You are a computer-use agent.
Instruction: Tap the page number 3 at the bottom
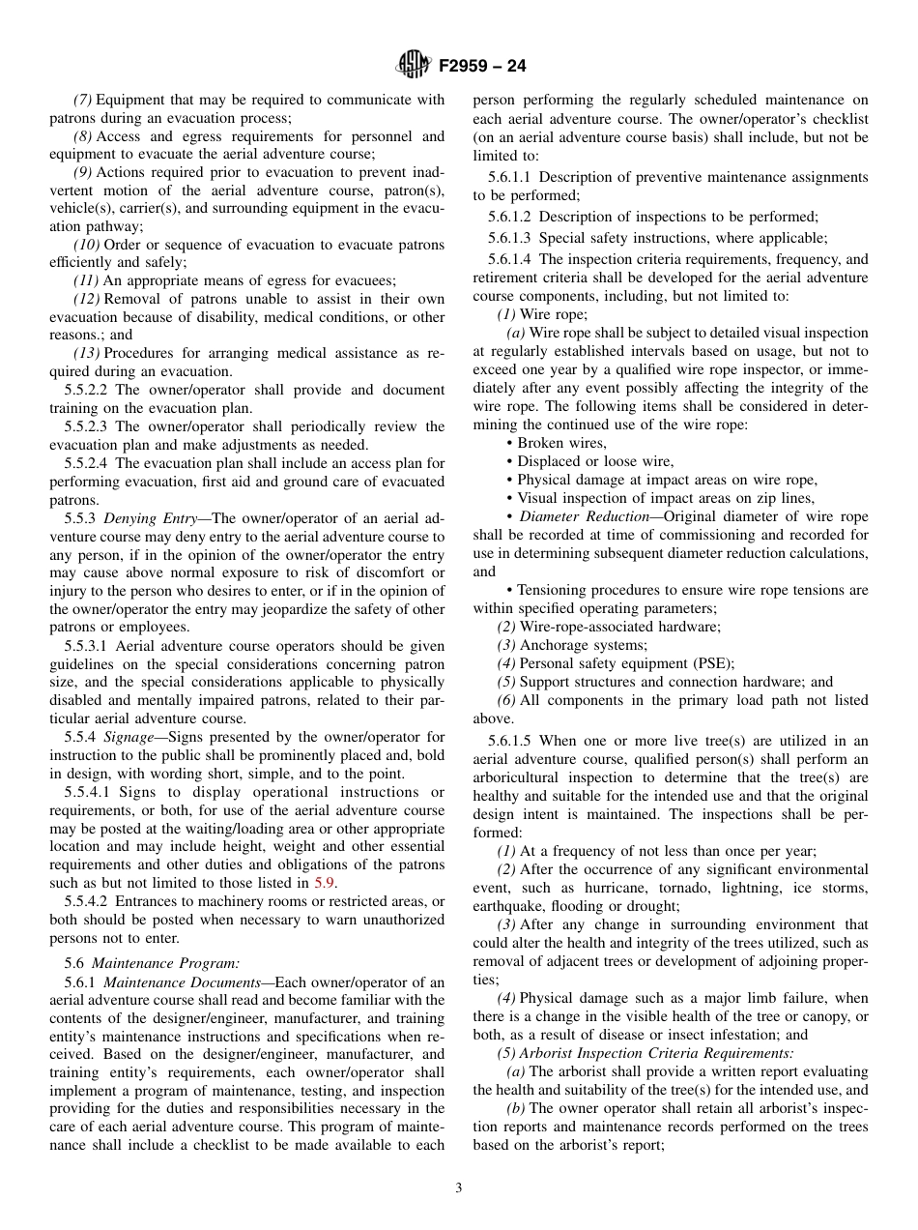pos(459,1188)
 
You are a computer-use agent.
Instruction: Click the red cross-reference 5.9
pos(325,883)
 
